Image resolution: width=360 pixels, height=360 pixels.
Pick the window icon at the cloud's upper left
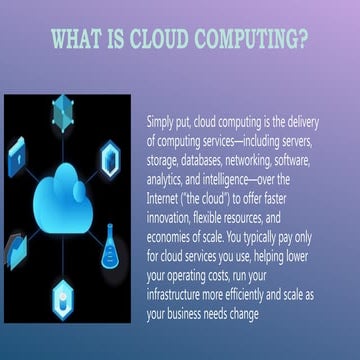coord(17,155)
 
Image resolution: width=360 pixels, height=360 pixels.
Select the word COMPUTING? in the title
coord(259,41)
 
